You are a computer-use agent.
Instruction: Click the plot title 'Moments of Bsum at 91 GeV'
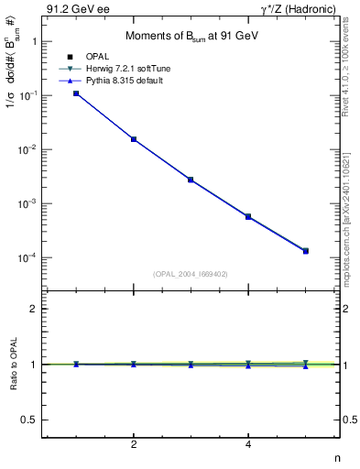(191, 36)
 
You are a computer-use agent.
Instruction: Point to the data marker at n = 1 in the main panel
(76, 93)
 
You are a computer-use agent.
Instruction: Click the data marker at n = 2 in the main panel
(134, 139)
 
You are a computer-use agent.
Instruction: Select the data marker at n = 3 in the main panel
(191, 180)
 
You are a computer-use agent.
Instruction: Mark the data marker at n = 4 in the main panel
(248, 216)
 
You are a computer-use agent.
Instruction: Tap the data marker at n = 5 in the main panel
(306, 251)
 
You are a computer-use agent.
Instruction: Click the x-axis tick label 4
(248, 446)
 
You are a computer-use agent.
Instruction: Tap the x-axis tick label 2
(134, 446)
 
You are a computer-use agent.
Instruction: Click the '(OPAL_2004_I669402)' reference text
(191, 274)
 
